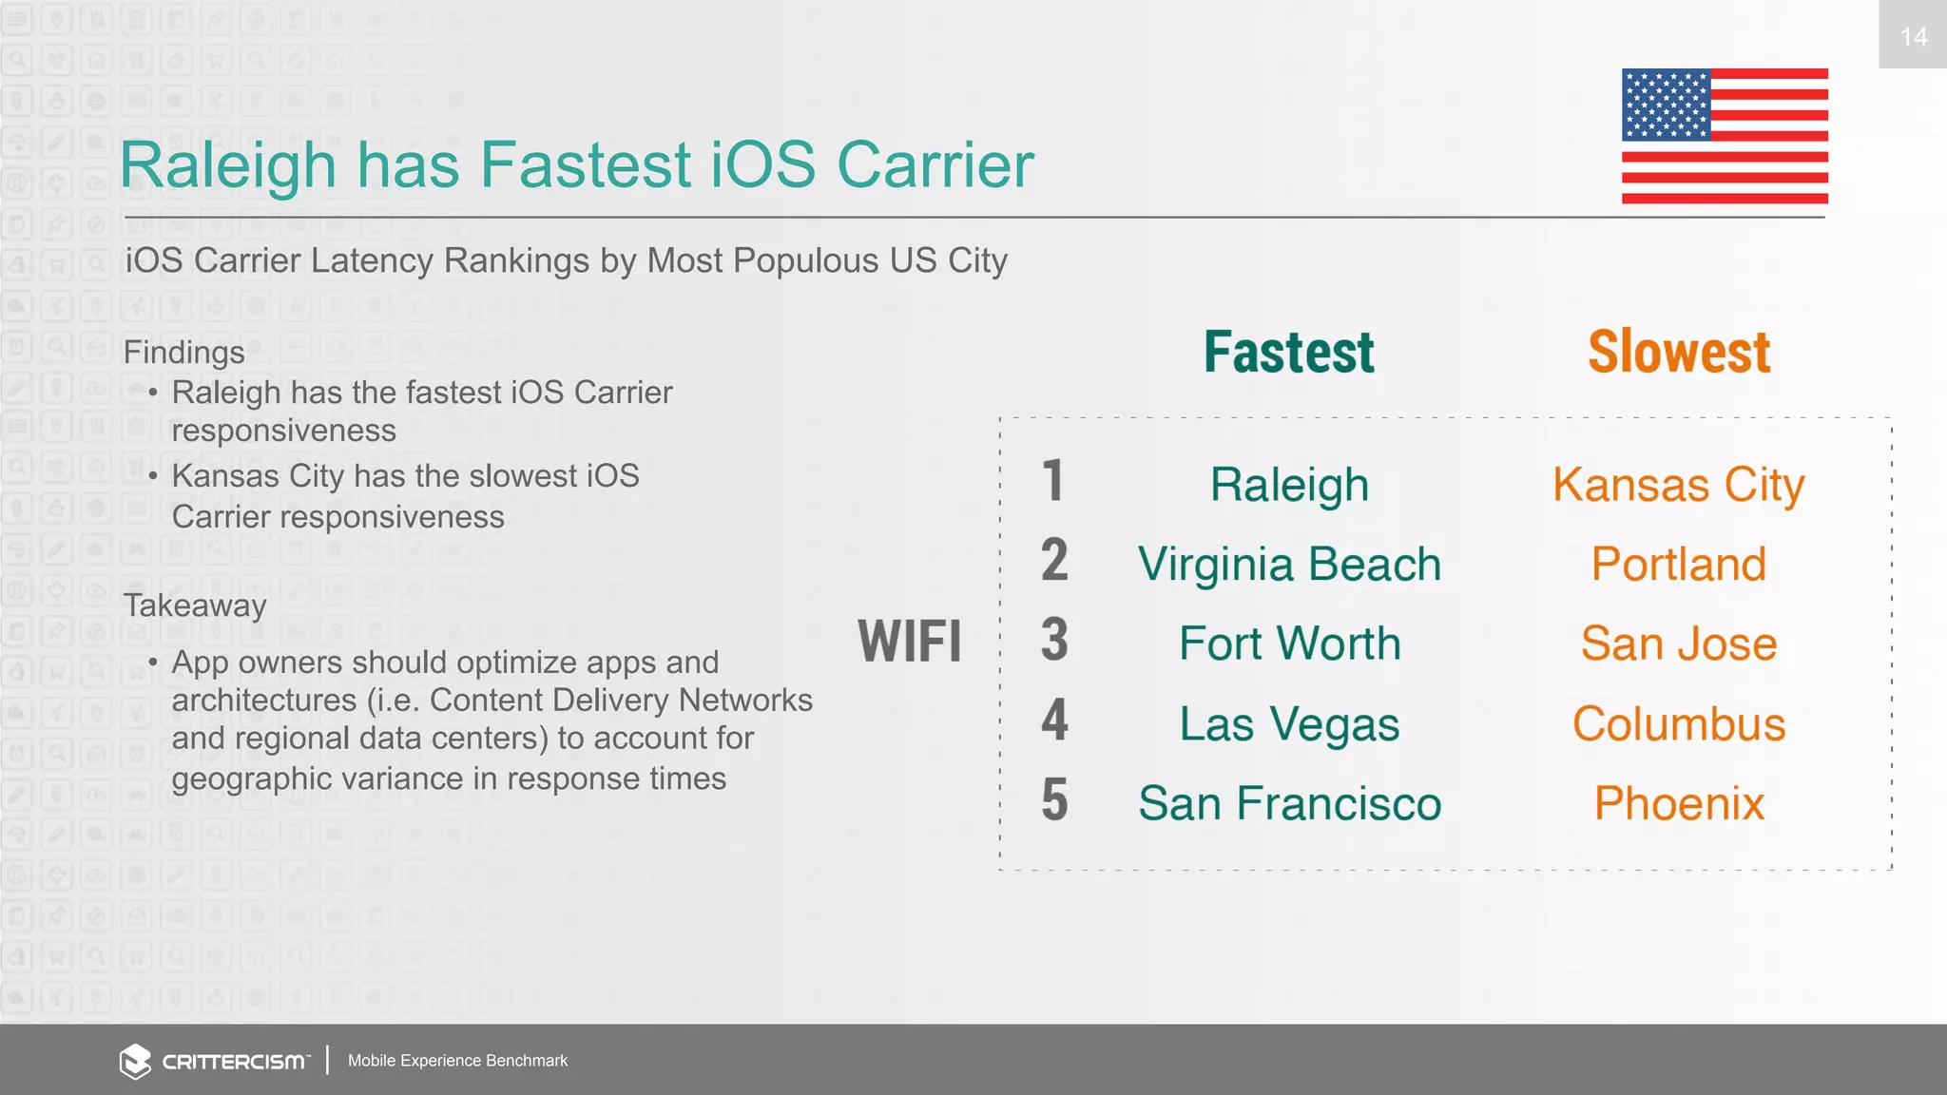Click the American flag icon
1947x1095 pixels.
1725,136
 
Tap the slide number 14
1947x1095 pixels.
1913,36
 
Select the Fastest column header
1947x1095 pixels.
1288,353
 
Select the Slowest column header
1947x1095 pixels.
1679,353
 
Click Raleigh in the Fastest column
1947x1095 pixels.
1289,485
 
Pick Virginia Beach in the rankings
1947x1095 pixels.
1289,565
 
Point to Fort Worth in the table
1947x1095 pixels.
1289,644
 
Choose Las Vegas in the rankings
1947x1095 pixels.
1289,724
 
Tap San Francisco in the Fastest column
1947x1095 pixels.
1289,803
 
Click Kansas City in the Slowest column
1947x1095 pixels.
1678,485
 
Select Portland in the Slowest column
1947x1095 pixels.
1678,565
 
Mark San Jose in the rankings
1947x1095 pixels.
1678,644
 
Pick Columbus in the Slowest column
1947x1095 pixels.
1678,724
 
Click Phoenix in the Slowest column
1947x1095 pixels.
1678,803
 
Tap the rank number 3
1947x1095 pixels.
1053,640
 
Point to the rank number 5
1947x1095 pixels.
1053,799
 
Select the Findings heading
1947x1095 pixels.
183,353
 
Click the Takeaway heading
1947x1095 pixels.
195,605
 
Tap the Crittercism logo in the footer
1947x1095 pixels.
215,1061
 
